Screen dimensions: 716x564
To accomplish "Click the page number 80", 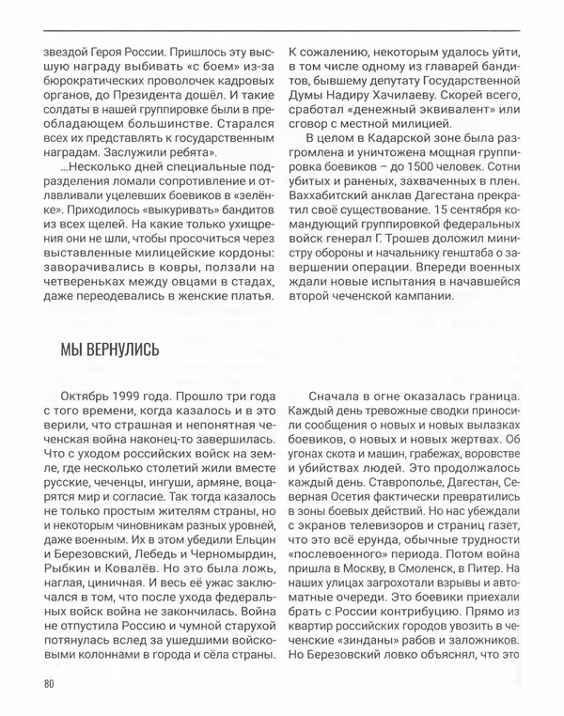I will (x=48, y=684).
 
